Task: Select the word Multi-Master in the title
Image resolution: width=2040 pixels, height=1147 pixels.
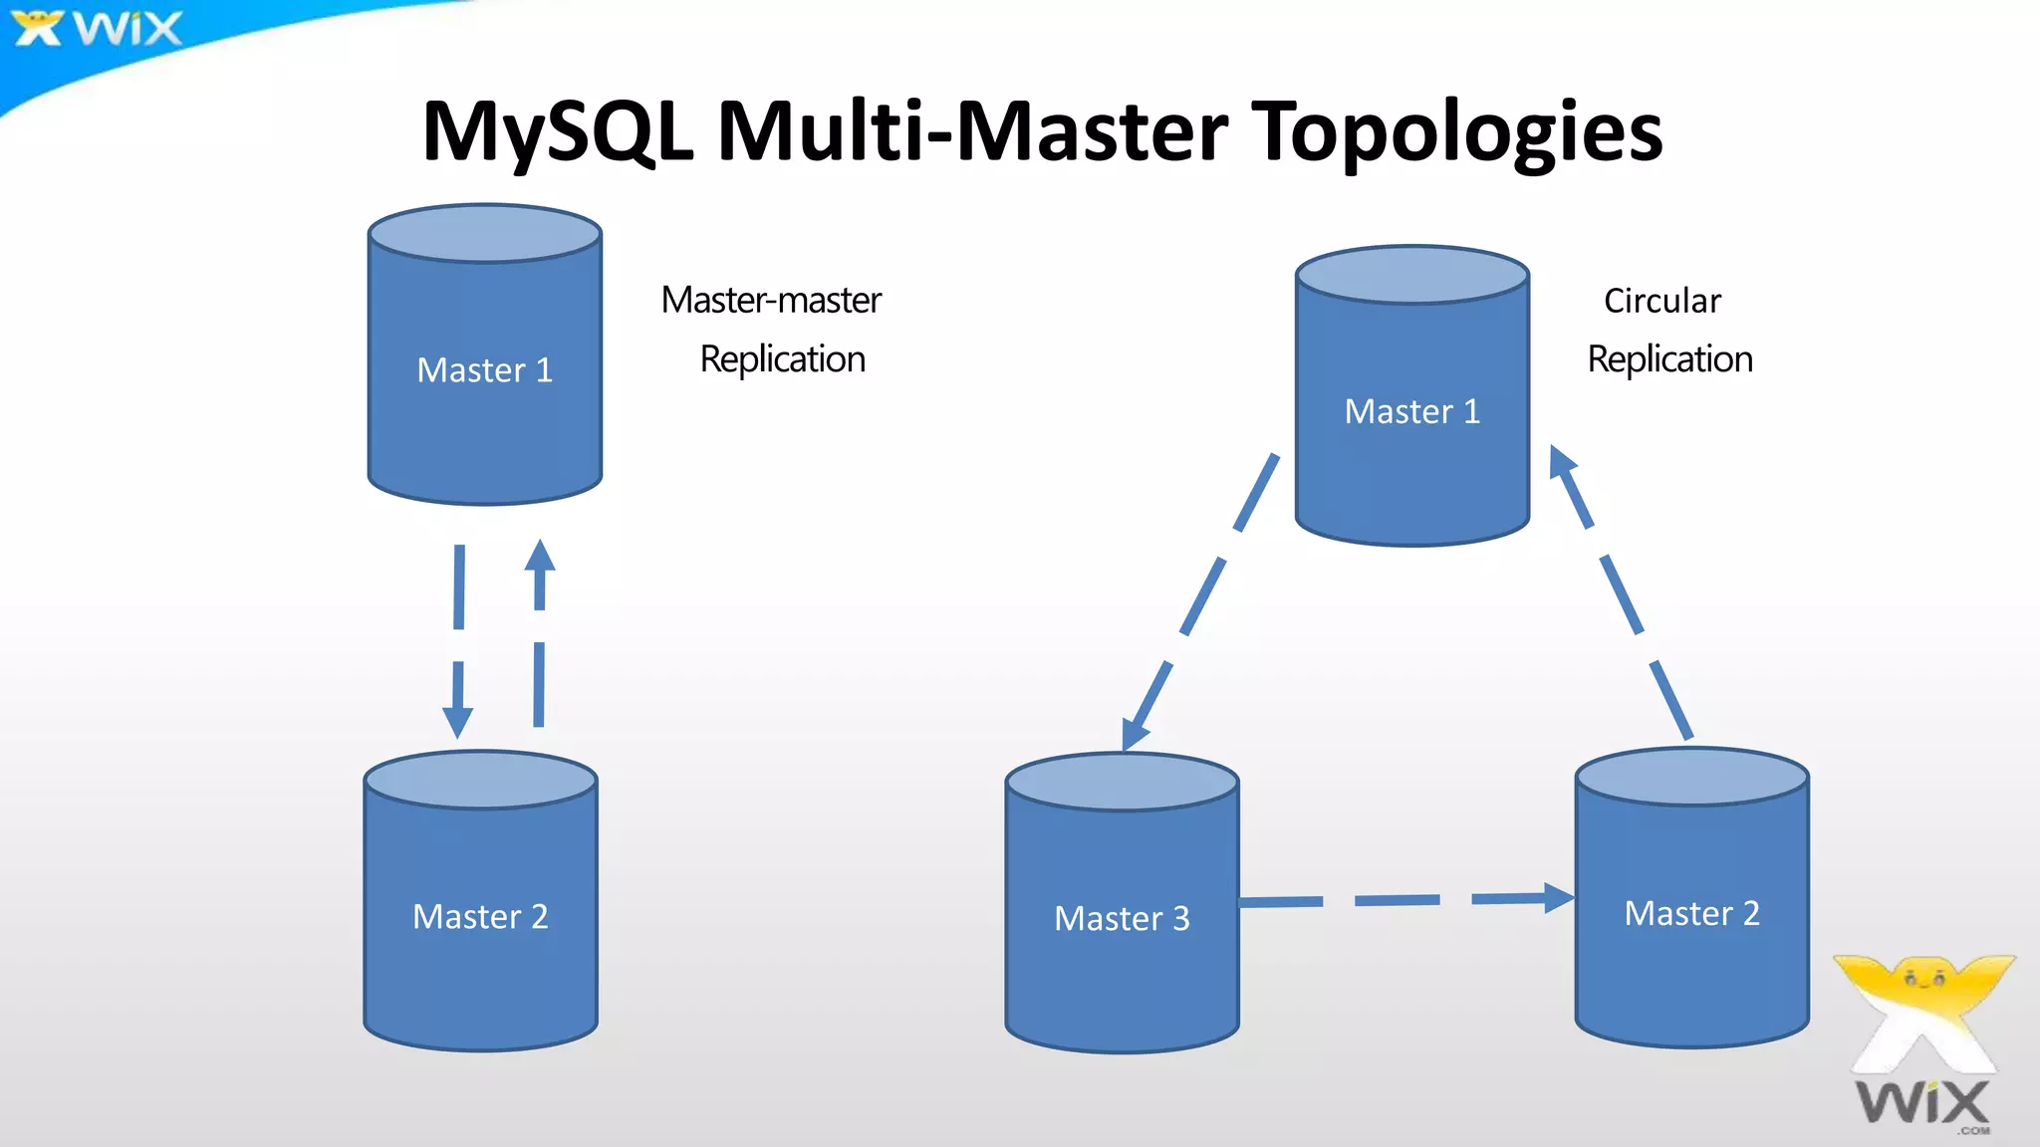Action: click(x=972, y=131)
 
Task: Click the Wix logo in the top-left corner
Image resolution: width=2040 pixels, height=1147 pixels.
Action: click(x=98, y=28)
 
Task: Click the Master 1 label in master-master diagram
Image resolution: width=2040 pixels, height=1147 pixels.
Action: click(x=484, y=370)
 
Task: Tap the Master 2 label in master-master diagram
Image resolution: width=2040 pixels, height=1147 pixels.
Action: click(x=480, y=916)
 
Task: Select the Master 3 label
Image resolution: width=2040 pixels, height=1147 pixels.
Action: click(x=1122, y=918)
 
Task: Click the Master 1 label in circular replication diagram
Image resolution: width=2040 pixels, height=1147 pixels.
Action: click(x=1411, y=411)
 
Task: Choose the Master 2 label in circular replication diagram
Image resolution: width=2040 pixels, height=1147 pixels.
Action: click(x=1691, y=913)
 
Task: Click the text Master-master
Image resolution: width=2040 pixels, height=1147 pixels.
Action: click(x=771, y=300)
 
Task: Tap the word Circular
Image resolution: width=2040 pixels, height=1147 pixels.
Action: click(x=1661, y=301)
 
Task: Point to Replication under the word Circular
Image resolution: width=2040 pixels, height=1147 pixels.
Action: click(x=1669, y=359)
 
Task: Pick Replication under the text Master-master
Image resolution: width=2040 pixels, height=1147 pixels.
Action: click(x=782, y=359)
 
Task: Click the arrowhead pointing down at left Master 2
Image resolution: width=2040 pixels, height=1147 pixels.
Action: click(x=457, y=721)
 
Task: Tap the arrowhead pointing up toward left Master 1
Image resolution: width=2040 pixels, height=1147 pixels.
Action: click(x=540, y=557)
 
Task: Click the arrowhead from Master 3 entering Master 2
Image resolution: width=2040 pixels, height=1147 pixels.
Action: click(x=1557, y=897)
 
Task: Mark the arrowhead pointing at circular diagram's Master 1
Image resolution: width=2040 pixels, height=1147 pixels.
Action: click(x=1561, y=463)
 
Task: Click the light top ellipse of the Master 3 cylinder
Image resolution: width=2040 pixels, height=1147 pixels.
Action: click(x=1122, y=782)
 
